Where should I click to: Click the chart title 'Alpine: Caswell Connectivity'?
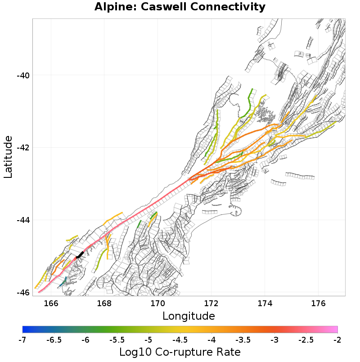point(180,7)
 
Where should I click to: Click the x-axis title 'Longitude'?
point(189,315)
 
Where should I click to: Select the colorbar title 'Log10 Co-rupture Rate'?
point(180,352)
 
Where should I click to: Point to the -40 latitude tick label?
point(23,75)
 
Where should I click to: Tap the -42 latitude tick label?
point(23,148)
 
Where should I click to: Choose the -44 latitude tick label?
point(23,220)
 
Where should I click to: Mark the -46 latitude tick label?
point(23,293)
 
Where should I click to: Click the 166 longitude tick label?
point(51,303)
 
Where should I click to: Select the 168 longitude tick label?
point(104,303)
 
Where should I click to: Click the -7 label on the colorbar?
point(22,339)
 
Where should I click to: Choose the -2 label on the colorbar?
point(337,339)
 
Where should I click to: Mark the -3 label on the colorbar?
point(274,339)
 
